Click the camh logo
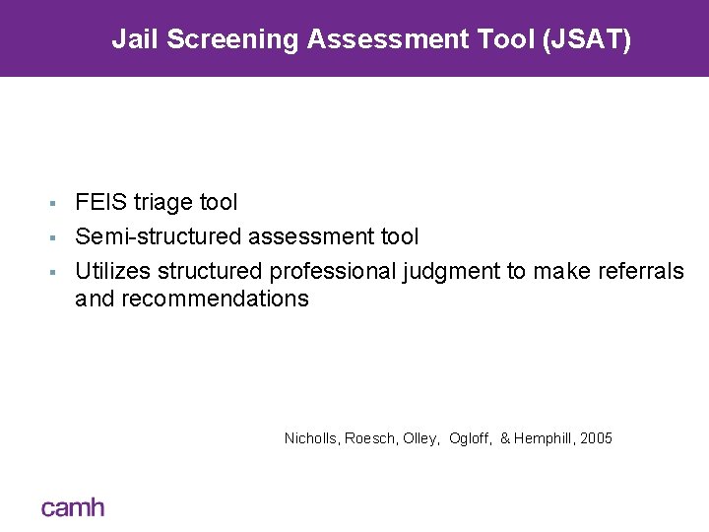(72, 506)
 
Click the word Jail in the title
(132, 39)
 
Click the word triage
(163, 203)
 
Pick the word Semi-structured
(158, 236)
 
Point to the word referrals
(640, 270)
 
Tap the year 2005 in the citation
(596, 437)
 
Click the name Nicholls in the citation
(310, 437)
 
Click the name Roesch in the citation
(367, 437)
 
